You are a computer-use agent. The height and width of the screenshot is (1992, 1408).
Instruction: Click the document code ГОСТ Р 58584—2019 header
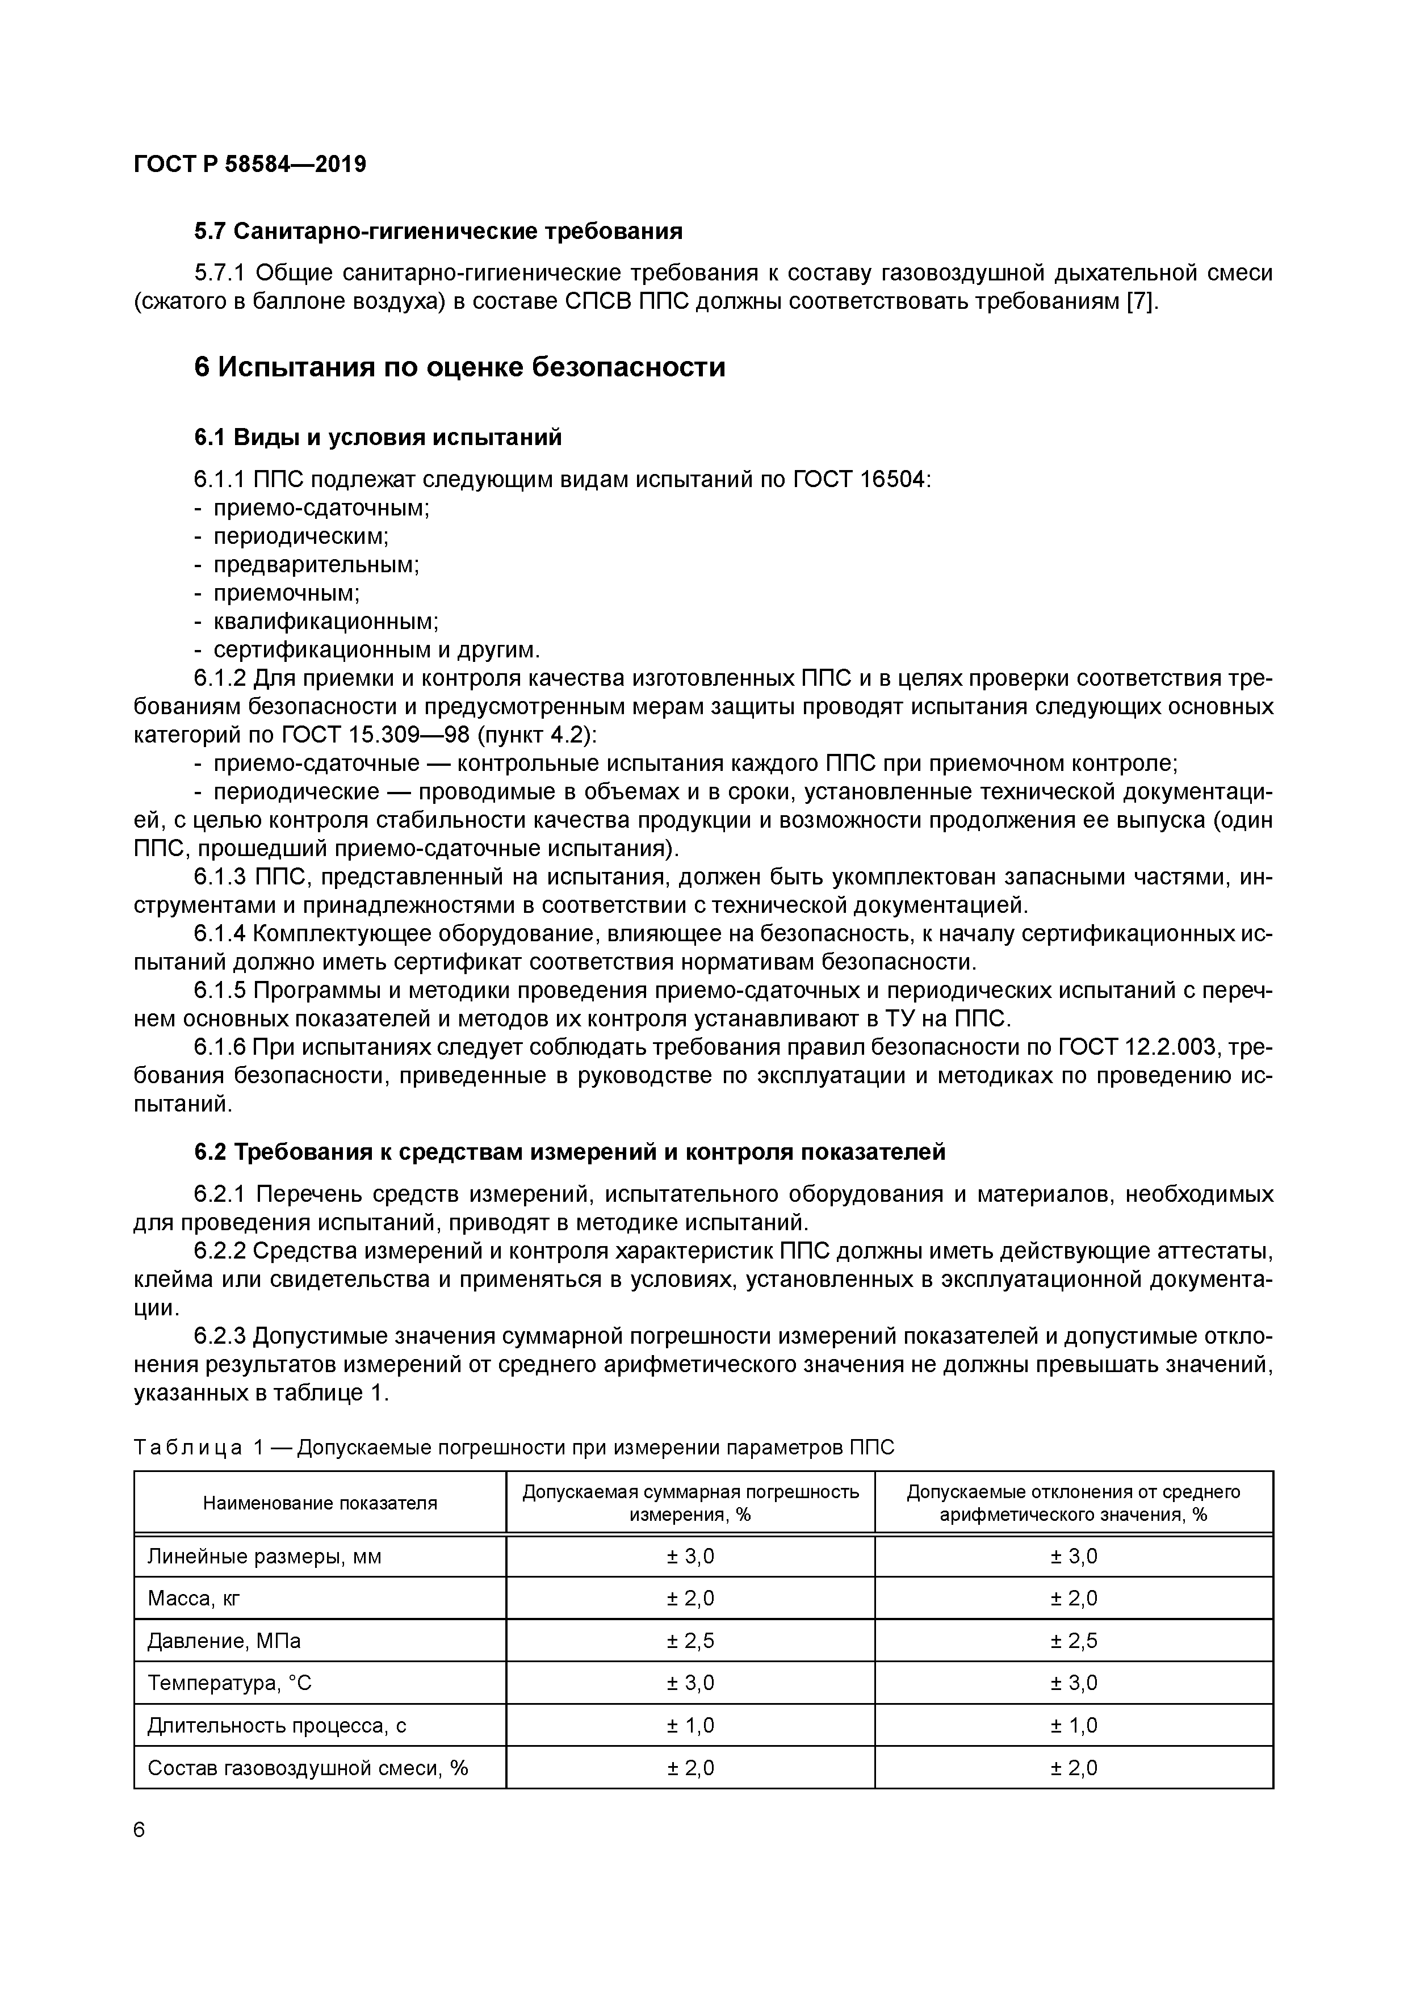click(250, 164)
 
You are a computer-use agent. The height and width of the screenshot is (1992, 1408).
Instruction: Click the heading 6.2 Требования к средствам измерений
click(569, 1152)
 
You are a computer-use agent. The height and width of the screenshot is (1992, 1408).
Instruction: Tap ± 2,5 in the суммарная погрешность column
click(690, 1641)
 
